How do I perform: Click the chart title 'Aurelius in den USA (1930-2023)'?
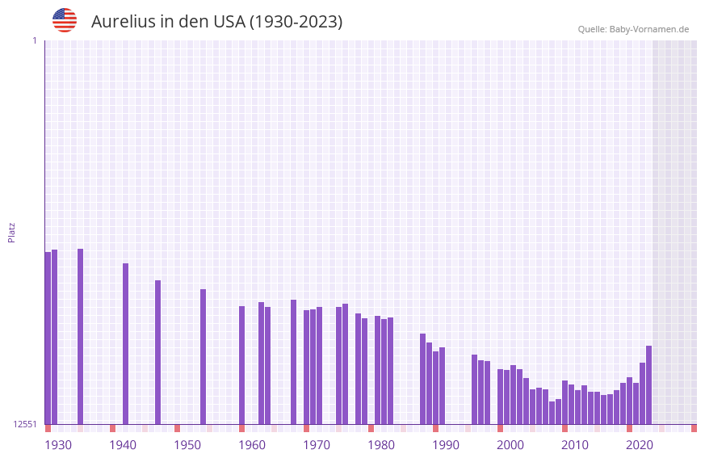(x=216, y=22)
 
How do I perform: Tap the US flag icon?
(x=65, y=20)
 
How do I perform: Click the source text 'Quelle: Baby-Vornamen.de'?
(x=633, y=30)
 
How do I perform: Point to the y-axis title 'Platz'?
(x=11, y=232)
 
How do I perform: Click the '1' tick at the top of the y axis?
(x=34, y=40)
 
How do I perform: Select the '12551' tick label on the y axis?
(x=24, y=424)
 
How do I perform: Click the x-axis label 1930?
(x=58, y=445)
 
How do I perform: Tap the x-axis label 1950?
(x=187, y=445)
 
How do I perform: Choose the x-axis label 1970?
(x=317, y=445)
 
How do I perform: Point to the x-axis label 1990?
(x=446, y=445)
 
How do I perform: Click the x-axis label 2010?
(x=575, y=445)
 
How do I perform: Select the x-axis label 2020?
(x=640, y=445)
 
